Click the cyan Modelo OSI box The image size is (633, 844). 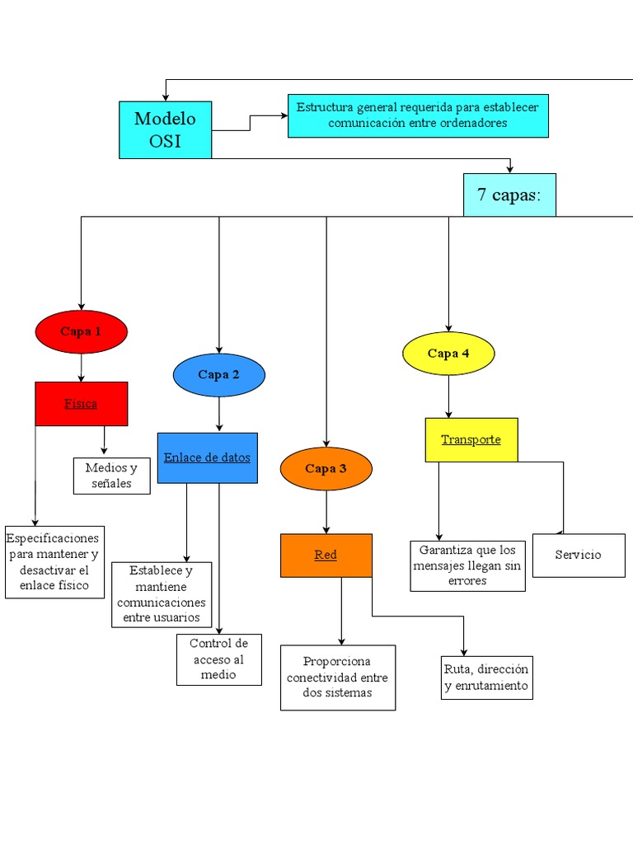[165, 129]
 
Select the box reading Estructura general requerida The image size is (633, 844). [418, 115]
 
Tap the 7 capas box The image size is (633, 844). [509, 195]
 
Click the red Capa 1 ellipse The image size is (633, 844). [81, 331]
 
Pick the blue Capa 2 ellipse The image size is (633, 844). [218, 375]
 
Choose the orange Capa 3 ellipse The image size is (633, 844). [326, 469]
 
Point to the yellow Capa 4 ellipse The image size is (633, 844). [448, 354]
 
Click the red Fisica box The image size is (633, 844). [81, 404]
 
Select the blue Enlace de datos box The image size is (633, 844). [207, 457]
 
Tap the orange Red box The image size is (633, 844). [326, 555]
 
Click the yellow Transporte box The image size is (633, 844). [471, 439]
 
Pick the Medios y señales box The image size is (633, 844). [111, 476]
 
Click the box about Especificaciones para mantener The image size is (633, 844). [54, 562]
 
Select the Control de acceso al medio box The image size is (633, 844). [218, 659]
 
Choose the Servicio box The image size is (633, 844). [578, 555]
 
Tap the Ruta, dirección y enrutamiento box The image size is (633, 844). [486, 678]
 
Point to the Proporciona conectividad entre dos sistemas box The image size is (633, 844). [337, 678]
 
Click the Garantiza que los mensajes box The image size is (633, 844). [467, 565]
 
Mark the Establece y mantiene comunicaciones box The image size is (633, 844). [162, 594]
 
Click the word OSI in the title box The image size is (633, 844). [165, 141]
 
